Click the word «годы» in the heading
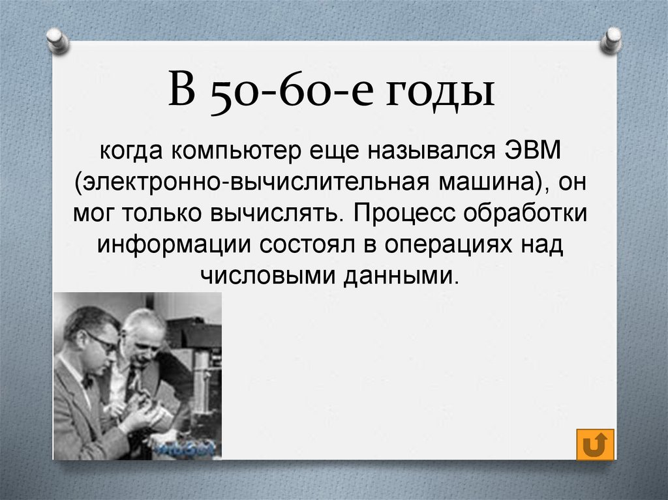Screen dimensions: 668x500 click(440, 92)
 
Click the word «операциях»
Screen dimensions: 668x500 click(448, 246)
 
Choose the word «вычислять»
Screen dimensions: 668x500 click(277, 213)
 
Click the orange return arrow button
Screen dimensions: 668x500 click(595, 445)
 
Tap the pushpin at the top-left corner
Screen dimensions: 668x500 click(57, 41)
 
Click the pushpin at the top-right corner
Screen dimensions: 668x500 click(611, 41)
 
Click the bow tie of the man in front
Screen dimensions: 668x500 click(87, 381)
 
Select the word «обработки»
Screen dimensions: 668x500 click(525, 213)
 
